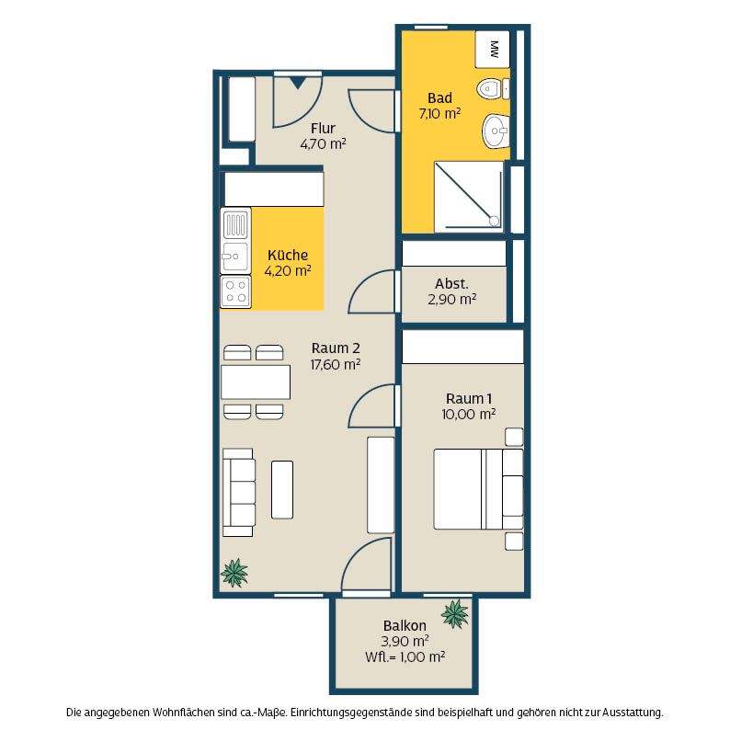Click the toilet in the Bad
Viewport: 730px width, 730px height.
click(x=493, y=88)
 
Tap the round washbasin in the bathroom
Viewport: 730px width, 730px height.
click(x=496, y=131)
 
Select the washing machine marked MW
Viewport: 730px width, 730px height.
click(x=493, y=50)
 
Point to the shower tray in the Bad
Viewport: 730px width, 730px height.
click(x=469, y=197)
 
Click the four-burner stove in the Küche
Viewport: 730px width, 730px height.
click(x=235, y=291)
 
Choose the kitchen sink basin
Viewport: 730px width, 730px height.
click(x=235, y=257)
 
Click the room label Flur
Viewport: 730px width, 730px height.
click(x=323, y=128)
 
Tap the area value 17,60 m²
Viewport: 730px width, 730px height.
click(x=336, y=364)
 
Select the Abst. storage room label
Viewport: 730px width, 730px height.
click(x=451, y=283)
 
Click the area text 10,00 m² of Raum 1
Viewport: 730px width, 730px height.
click(x=468, y=414)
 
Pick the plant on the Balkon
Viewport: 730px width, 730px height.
click(x=455, y=614)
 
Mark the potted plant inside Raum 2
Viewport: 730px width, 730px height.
click(x=234, y=573)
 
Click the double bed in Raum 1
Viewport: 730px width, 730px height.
click(x=479, y=489)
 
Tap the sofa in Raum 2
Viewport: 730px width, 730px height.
click(x=239, y=493)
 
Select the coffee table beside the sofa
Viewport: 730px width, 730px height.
click(x=282, y=490)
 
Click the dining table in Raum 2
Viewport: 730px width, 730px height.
click(x=256, y=382)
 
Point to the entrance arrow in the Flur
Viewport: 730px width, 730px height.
click(x=297, y=84)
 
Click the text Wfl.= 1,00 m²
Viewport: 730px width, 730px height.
click(x=405, y=656)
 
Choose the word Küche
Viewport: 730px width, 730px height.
click(x=288, y=255)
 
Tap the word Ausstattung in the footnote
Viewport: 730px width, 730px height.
click(x=633, y=712)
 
